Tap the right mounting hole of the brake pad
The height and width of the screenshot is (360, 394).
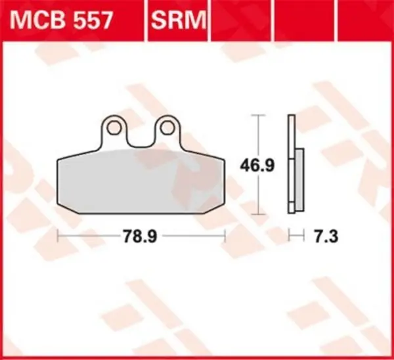[167, 125]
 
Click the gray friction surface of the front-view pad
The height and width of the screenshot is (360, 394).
[141, 181]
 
